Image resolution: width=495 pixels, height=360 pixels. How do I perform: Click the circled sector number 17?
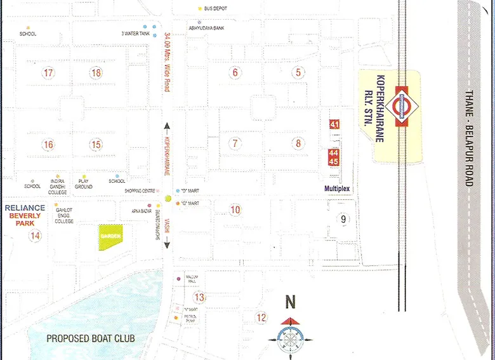click(49, 72)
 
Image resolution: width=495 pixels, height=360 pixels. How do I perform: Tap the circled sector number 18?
click(96, 72)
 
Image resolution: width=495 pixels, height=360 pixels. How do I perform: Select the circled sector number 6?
click(235, 72)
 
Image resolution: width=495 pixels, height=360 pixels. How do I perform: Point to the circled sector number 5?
click(298, 72)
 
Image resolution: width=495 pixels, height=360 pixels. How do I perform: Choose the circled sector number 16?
click(49, 145)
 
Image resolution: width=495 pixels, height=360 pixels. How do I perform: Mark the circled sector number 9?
click(343, 220)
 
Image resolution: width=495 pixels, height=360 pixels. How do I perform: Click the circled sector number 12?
click(261, 317)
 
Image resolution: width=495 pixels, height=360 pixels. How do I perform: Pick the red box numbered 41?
click(334, 124)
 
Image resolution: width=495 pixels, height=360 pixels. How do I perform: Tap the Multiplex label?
click(337, 189)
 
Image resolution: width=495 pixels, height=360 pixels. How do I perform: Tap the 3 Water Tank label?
click(135, 33)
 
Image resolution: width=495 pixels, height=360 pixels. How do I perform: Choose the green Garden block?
click(110, 236)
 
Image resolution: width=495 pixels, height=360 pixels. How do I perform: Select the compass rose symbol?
click(290, 337)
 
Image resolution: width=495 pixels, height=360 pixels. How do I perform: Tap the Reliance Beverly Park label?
click(25, 215)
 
